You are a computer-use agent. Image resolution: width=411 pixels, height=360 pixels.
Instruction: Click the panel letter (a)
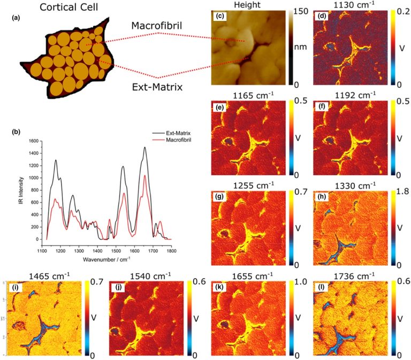tap(17, 19)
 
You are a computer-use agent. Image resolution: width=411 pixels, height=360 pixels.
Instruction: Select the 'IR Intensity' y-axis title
tap(20, 190)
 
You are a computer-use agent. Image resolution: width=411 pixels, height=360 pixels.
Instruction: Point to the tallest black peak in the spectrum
tap(144, 147)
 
